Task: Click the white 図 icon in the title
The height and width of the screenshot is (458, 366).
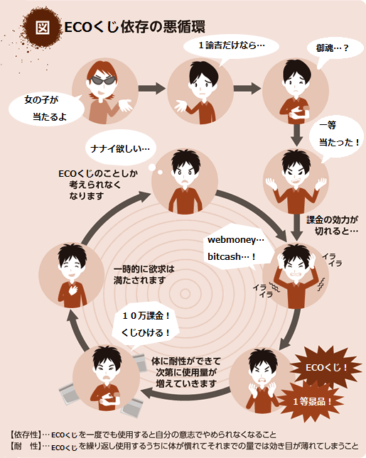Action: tap(43, 28)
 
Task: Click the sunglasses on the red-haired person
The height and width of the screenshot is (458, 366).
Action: tap(102, 80)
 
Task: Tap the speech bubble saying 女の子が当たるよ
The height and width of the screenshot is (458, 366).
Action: tap(47, 109)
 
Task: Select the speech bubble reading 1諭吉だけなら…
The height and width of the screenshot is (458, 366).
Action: tap(231, 47)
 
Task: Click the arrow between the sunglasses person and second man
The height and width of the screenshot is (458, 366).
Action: tap(152, 88)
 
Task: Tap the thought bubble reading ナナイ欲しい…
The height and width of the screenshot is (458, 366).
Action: tap(120, 149)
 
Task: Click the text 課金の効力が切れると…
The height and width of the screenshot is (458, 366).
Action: tap(333, 226)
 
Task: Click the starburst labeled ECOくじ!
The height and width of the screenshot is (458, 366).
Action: tap(326, 367)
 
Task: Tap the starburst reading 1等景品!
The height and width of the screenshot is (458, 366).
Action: tap(312, 402)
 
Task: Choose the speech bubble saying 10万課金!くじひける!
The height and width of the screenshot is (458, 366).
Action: tap(145, 325)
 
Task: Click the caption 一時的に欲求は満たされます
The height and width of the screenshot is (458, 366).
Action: tap(144, 275)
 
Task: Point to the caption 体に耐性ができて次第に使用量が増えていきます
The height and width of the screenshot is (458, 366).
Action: tap(186, 372)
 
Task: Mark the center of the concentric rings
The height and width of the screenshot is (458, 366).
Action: tap(185, 293)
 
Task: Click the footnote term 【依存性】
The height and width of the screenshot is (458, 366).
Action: tap(26, 435)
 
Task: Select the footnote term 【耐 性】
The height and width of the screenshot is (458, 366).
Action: tap(26, 446)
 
